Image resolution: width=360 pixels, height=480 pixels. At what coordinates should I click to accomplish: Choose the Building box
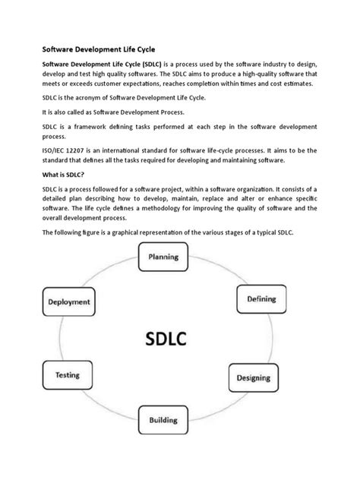(x=164, y=418)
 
